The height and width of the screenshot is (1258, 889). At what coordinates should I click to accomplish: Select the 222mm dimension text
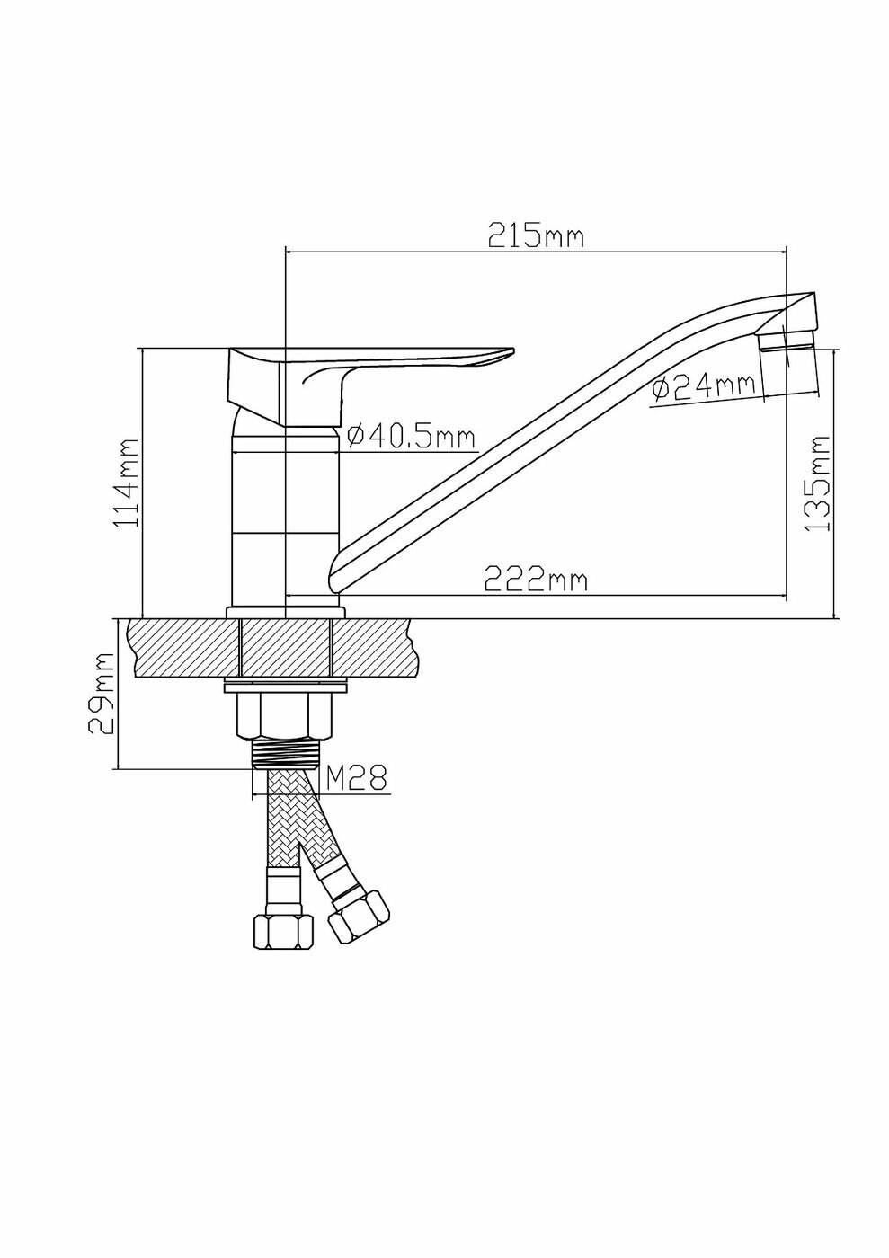536,580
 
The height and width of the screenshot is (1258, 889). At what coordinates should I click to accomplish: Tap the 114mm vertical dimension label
127,483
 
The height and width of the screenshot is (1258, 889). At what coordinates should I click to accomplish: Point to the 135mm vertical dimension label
816,483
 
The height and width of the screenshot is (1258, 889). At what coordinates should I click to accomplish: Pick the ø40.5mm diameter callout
410,437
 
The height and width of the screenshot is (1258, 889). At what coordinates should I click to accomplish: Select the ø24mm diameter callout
702,388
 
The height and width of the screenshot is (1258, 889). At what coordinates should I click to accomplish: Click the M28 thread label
355,777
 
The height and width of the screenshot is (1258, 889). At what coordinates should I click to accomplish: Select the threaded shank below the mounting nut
284,753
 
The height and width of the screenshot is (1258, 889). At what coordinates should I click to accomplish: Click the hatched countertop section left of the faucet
183,648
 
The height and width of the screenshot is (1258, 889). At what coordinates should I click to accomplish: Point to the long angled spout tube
539,440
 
